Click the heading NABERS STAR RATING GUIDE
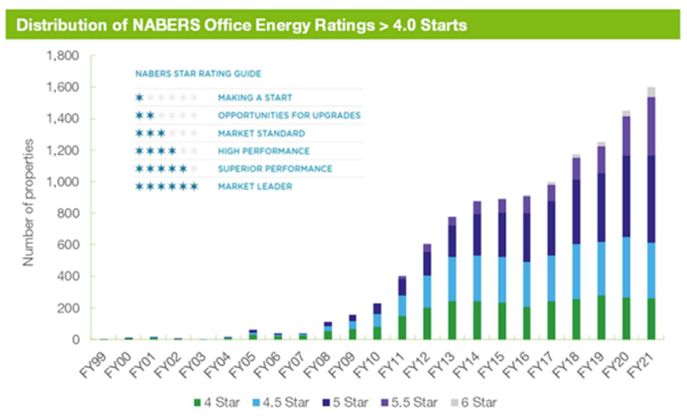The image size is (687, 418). point(184,74)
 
